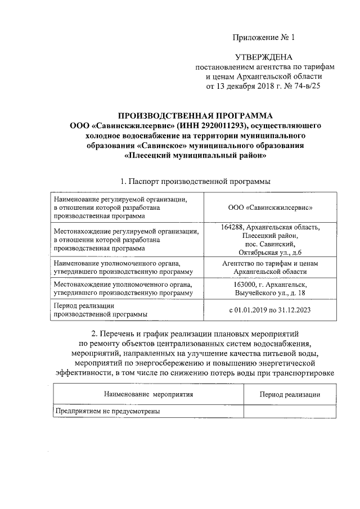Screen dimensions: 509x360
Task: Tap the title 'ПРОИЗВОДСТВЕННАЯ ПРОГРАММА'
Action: [195, 116]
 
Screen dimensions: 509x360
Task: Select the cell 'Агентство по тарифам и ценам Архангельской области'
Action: [271, 267]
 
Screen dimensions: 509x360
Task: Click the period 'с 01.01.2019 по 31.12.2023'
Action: [271, 310]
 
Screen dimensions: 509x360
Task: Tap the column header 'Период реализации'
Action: [290, 394]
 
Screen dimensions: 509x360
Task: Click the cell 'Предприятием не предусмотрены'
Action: [107, 412]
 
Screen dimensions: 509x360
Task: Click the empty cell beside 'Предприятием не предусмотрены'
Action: [290, 412]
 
